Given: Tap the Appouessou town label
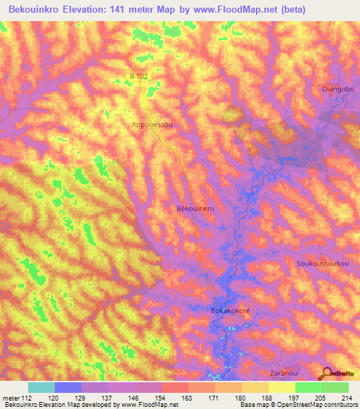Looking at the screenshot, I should (152, 124).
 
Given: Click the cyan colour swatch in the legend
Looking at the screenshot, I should (41, 387).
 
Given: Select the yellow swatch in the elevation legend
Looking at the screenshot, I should (281, 387).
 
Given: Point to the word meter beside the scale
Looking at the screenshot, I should (11, 398).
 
